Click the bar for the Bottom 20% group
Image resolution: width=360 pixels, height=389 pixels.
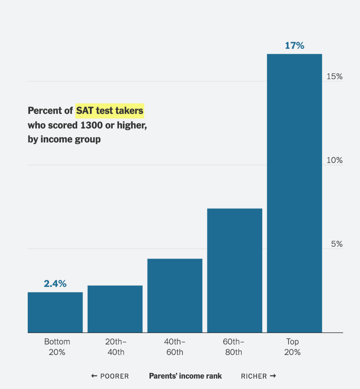point(55,312)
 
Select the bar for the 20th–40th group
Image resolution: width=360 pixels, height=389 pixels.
point(115,309)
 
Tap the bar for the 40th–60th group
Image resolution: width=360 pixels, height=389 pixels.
point(175,295)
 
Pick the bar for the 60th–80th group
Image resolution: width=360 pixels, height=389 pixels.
point(235,270)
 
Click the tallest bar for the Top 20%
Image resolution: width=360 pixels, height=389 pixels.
point(294,193)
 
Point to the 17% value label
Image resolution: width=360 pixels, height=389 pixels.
point(294,46)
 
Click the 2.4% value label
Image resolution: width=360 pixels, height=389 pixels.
point(55,284)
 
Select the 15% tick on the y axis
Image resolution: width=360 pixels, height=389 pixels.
point(335,76)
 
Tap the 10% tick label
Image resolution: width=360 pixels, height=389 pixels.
point(335,160)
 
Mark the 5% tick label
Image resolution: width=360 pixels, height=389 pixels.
point(337,244)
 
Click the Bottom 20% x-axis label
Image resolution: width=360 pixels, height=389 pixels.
point(57,347)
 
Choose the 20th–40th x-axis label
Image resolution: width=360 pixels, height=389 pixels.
point(115,347)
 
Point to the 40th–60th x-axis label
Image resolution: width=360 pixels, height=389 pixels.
point(175,347)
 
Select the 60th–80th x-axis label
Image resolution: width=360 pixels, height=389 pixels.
point(234,347)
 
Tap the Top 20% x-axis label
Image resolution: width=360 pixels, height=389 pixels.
point(293,347)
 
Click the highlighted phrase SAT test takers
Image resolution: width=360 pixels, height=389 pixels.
point(110,111)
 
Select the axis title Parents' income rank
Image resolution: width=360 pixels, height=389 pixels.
point(185,376)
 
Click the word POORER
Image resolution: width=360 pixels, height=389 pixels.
point(114,376)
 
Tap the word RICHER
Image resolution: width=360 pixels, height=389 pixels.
point(254,376)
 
